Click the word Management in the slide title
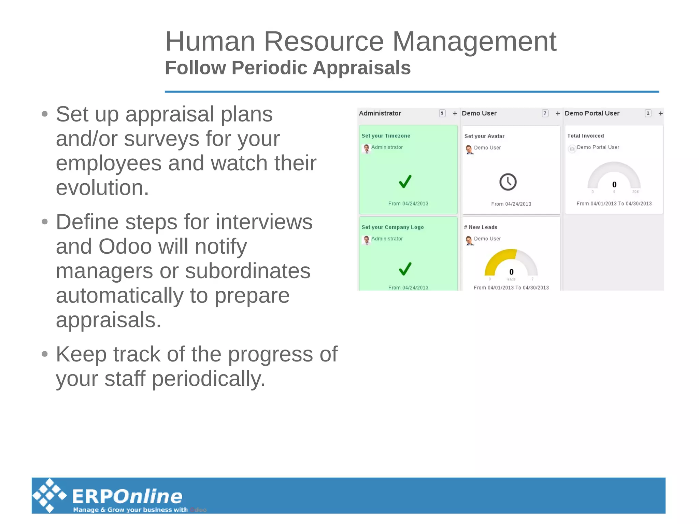(474, 42)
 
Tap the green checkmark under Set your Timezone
(405, 182)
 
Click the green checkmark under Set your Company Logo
(405, 269)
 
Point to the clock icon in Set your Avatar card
(508, 182)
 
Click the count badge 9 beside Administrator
(442, 113)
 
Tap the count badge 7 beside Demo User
(545, 113)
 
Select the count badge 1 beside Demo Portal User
(648, 113)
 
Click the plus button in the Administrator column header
(455, 113)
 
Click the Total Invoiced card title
(585, 136)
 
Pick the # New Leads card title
(481, 227)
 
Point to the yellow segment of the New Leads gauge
(497, 259)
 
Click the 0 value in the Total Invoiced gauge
(614, 185)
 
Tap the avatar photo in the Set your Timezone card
(366, 148)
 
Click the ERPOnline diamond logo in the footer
(49, 496)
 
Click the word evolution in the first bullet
(102, 188)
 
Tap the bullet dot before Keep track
(45, 354)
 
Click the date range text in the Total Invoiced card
(614, 204)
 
